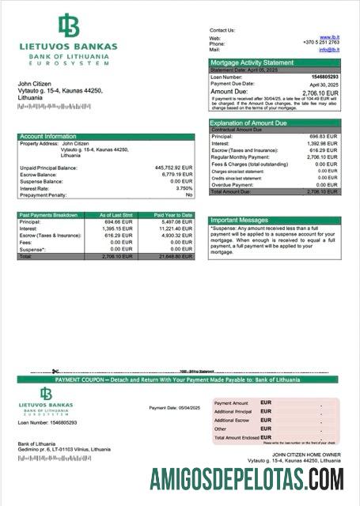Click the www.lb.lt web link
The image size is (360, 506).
point(329,37)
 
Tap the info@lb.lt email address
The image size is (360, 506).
point(329,49)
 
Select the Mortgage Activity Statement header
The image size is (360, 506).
point(252,62)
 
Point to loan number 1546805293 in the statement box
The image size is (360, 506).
point(324,77)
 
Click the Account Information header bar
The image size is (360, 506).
point(49,137)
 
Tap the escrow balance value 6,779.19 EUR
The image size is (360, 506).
point(176,175)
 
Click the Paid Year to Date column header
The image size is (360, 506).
point(172,215)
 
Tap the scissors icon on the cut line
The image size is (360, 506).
point(55,372)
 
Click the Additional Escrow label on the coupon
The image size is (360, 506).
point(233,421)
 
